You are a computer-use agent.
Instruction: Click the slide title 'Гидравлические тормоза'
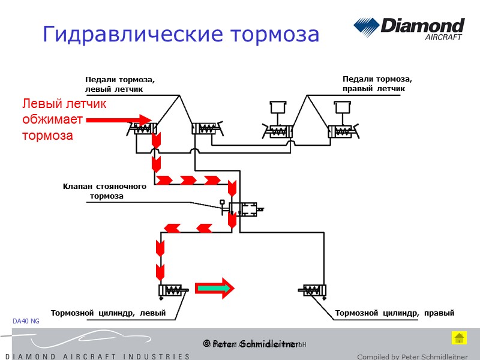tap(181, 34)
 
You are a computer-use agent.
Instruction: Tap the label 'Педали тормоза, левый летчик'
tap(120, 85)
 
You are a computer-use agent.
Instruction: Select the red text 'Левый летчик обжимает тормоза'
tap(64, 120)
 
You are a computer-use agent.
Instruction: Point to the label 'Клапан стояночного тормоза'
tap(105, 191)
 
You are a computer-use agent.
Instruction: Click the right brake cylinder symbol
tap(312, 291)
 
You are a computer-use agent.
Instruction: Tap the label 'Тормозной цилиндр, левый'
tap(108, 313)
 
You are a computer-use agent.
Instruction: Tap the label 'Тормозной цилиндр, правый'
tap(394, 313)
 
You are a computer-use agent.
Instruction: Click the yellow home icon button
tap(459, 338)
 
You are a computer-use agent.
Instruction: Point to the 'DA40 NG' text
tap(26, 322)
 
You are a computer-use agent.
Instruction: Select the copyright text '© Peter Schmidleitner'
tap(251, 344)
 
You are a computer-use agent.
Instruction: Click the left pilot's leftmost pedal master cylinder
tap(144, 128)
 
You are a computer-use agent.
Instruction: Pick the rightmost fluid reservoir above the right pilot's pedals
tap(343, 108)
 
